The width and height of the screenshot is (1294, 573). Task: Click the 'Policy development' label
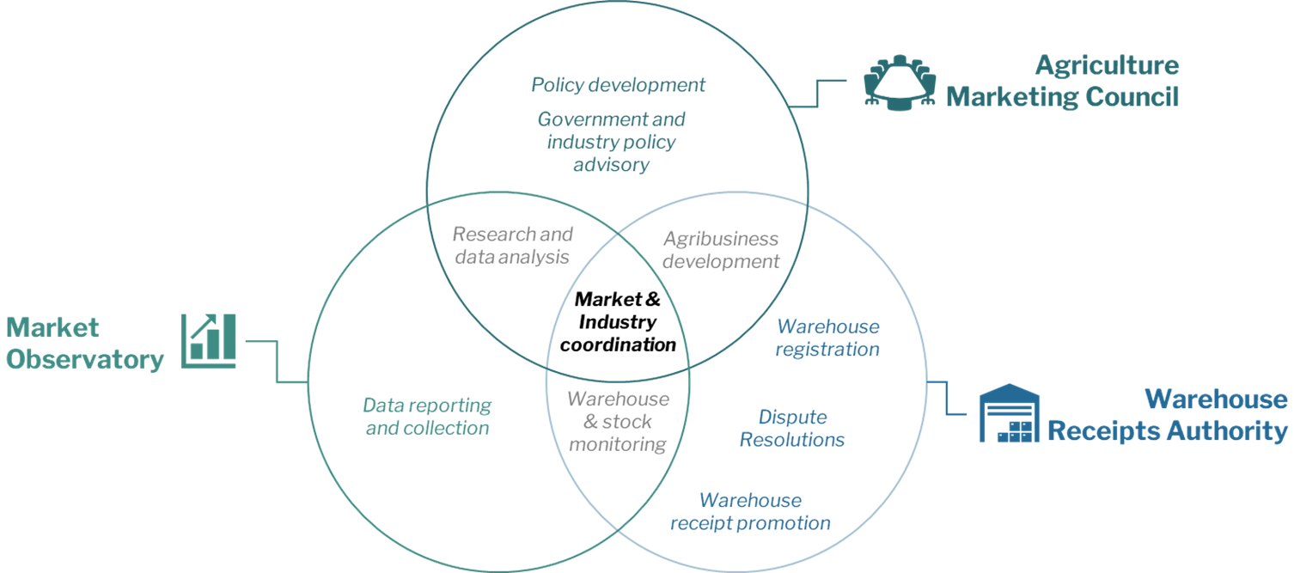618,85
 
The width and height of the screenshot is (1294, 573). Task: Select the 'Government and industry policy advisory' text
611,142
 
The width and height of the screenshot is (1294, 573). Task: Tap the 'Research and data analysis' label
512,246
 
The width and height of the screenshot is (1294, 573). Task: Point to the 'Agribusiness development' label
721,250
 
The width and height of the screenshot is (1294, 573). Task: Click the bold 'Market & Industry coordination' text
618,322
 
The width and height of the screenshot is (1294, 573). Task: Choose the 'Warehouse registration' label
827,338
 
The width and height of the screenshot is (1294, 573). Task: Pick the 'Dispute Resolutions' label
792,428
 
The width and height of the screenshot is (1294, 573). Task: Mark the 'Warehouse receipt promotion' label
750,511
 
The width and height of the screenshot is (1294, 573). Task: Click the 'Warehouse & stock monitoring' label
618,421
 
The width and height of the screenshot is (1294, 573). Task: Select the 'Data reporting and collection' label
427,417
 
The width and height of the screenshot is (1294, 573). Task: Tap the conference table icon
900,82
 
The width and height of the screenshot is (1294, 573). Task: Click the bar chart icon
209,341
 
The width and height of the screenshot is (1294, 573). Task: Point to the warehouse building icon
1010,413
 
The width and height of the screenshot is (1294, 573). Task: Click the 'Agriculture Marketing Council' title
1062,81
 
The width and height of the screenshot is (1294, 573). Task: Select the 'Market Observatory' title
85,344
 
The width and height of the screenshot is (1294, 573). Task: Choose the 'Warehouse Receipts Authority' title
1168,415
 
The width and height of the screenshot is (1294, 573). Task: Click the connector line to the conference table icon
817,93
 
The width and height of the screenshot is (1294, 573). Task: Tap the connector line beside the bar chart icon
278,361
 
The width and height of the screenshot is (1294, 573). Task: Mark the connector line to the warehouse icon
946,398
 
